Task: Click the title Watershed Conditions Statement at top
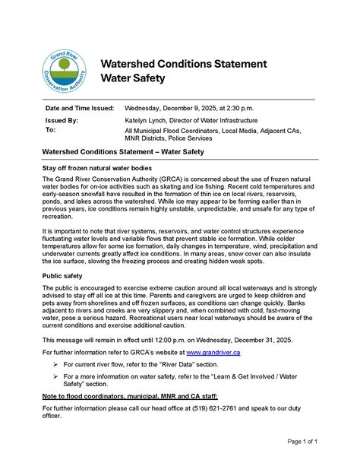[184, 63]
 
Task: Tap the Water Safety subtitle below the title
[134, 78]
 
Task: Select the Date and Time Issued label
[80, 108]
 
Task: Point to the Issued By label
[62, 120]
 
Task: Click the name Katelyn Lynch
[148, 120]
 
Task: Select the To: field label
[51, 130]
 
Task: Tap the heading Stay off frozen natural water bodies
[107, 166]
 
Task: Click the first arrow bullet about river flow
[56, 364]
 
